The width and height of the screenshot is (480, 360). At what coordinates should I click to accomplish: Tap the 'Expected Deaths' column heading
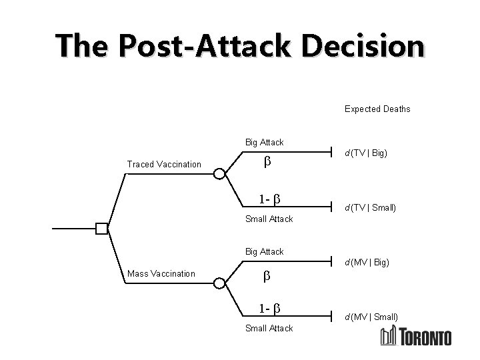click(x=377, y=109)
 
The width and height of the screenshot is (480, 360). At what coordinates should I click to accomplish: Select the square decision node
click(x=101, y=229)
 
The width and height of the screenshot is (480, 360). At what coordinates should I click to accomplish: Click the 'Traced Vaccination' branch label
click(x=164, y=164)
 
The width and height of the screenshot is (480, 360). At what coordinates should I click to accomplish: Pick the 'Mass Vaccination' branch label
click(x=161, y=273)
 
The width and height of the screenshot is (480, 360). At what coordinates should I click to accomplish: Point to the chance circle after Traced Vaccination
click(x=219, y=174)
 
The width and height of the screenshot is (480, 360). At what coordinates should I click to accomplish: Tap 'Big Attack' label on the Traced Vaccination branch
click(x=265, y=142)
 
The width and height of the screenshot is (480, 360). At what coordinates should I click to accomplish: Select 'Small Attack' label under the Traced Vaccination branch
click(x=269, y=219)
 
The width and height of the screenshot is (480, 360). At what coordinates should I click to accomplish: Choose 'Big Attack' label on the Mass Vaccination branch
click(x=265, y=251)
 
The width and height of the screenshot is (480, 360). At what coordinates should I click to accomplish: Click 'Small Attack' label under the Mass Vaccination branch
click(x=269, y=328)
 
